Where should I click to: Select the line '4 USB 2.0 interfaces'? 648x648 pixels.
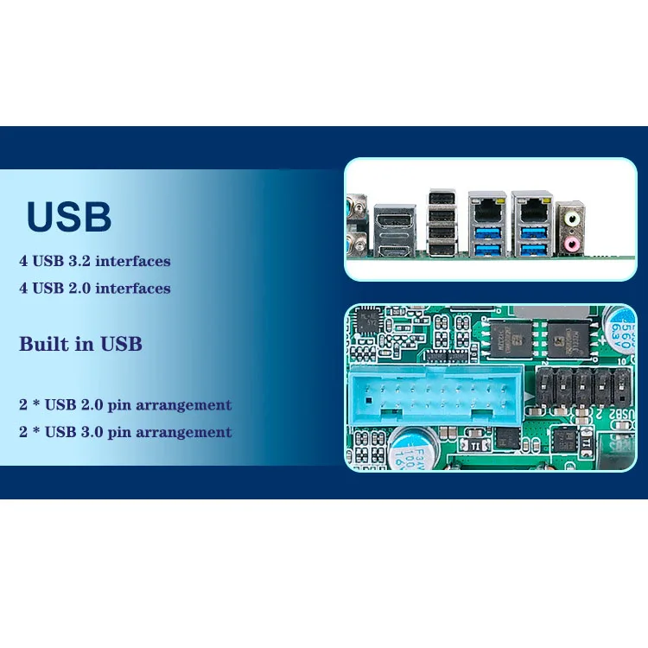click(95, 288)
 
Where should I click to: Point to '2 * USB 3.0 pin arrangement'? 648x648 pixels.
click(125, 431)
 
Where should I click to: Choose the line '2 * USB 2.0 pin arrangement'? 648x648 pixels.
click(125, 404)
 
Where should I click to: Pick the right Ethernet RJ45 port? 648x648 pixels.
click(530, 208)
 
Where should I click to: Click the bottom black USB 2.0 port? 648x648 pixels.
click(442, 251)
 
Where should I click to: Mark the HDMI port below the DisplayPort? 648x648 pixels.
click(396, 250)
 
